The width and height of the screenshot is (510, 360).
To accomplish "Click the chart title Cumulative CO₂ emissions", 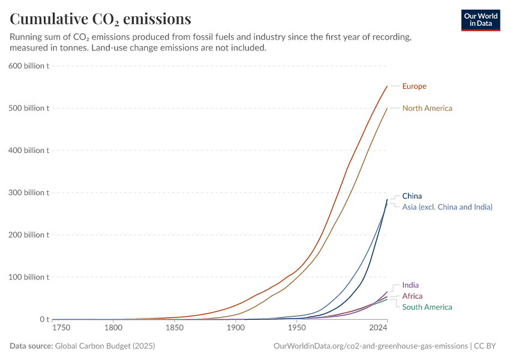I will pyautogui.click(x=101, y=19).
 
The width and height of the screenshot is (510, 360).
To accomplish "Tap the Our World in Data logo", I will pyautogui.click(x=480, y=20).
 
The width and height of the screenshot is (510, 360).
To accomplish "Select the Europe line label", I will pyautogui.click(x=414, y=86).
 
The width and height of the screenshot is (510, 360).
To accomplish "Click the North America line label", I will pyautogui.click(x=427, y=109).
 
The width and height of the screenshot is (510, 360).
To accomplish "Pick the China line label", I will pyautogui.click(x=412, y=196).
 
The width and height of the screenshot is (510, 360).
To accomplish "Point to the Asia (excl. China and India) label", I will pyautogui.click(x=447, y=207).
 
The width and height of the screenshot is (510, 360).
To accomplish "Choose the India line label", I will pyautogui.click(x=410, y=286).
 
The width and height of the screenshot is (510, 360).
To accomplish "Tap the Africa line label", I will pyautogui.click(x=412, y=296).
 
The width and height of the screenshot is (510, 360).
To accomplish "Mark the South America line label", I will pyautogui.click(x=427, y=307).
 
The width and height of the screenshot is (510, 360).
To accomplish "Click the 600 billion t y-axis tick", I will pyautogui.click(x=29, y=66).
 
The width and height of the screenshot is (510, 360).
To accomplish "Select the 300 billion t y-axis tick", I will pyautogui.click(x=29, y=193).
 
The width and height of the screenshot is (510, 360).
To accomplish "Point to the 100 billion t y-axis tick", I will pyautogui.click(x=29, y=277).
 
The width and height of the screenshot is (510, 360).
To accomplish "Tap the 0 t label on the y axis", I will pyautogui.click(x=44, y=320).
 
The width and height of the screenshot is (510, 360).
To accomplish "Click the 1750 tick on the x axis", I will pyautogui.click(x=61, y=328).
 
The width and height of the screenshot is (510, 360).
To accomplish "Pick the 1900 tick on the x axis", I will pyautogui.click(x=235, y=328).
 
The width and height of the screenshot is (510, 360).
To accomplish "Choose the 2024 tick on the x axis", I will pyautogui.click(x=378, y=328).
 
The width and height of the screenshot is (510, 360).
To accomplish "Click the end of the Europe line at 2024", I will pyautogui.click(x=387, y=86).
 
